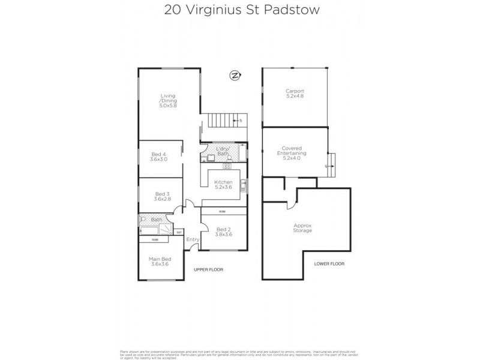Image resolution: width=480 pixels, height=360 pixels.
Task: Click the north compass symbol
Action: tap(235, 75)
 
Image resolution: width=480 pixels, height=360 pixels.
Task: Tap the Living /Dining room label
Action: tap(168, 100)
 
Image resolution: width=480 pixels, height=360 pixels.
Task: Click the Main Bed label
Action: tap(158, 262)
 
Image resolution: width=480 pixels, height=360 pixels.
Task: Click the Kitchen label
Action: tap(224, 184)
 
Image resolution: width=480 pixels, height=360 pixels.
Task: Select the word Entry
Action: tap(193, 240)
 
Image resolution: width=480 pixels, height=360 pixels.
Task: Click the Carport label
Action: tap(295, 94)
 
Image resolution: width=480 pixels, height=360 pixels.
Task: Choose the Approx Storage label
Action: tap(302, 228)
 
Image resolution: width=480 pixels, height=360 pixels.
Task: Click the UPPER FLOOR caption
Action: tap(208, 270)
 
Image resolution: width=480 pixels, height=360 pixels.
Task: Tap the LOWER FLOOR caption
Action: tap(329, 264)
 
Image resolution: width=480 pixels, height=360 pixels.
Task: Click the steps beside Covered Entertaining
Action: tap(332, 164)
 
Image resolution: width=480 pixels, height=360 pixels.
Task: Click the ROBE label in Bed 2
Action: tap(222, 212)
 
